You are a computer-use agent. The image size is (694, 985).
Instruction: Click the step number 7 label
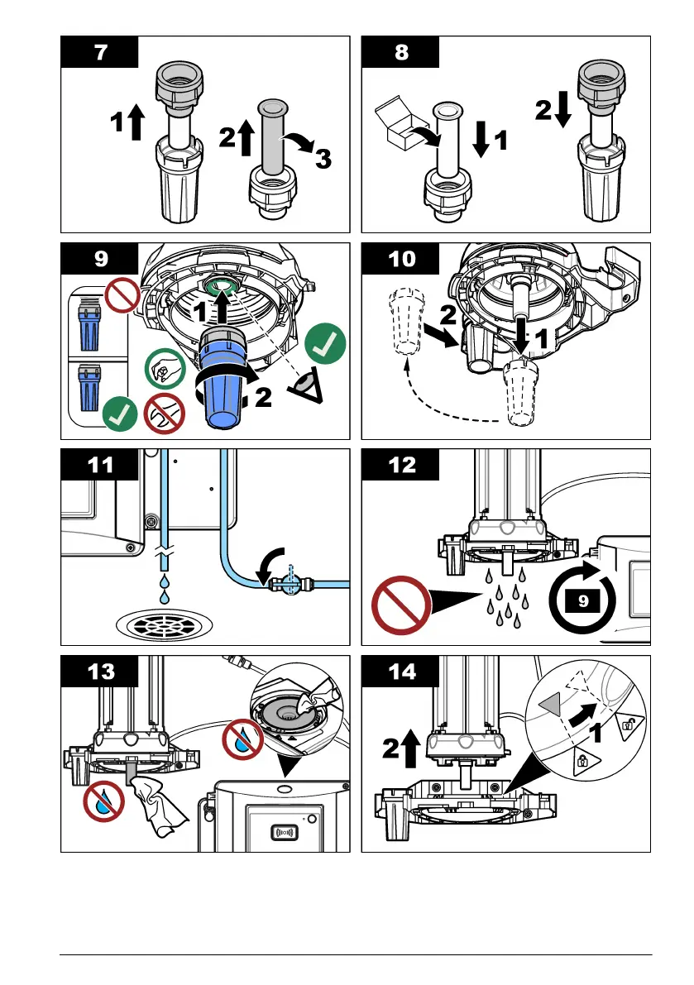tap(99, 53)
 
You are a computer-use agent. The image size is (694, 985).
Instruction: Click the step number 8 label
tap(400, 53)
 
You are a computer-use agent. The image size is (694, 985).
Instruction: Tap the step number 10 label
tap(400, 259)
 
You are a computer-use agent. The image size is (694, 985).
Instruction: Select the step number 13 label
tap(99, 672)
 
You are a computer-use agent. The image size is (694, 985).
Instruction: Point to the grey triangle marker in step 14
tap(549, 705)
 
